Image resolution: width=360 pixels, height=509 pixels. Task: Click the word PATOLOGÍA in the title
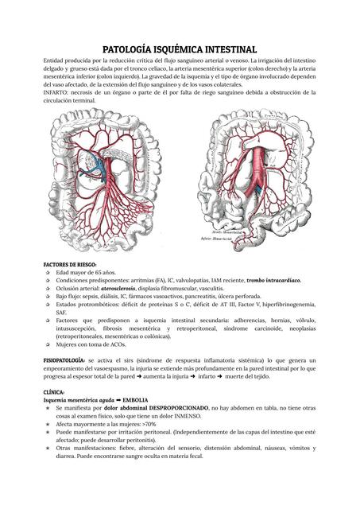(129, 49)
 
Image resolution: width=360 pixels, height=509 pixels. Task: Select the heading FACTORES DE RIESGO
(70, 263)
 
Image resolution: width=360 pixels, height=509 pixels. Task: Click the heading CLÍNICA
(55, 393)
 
